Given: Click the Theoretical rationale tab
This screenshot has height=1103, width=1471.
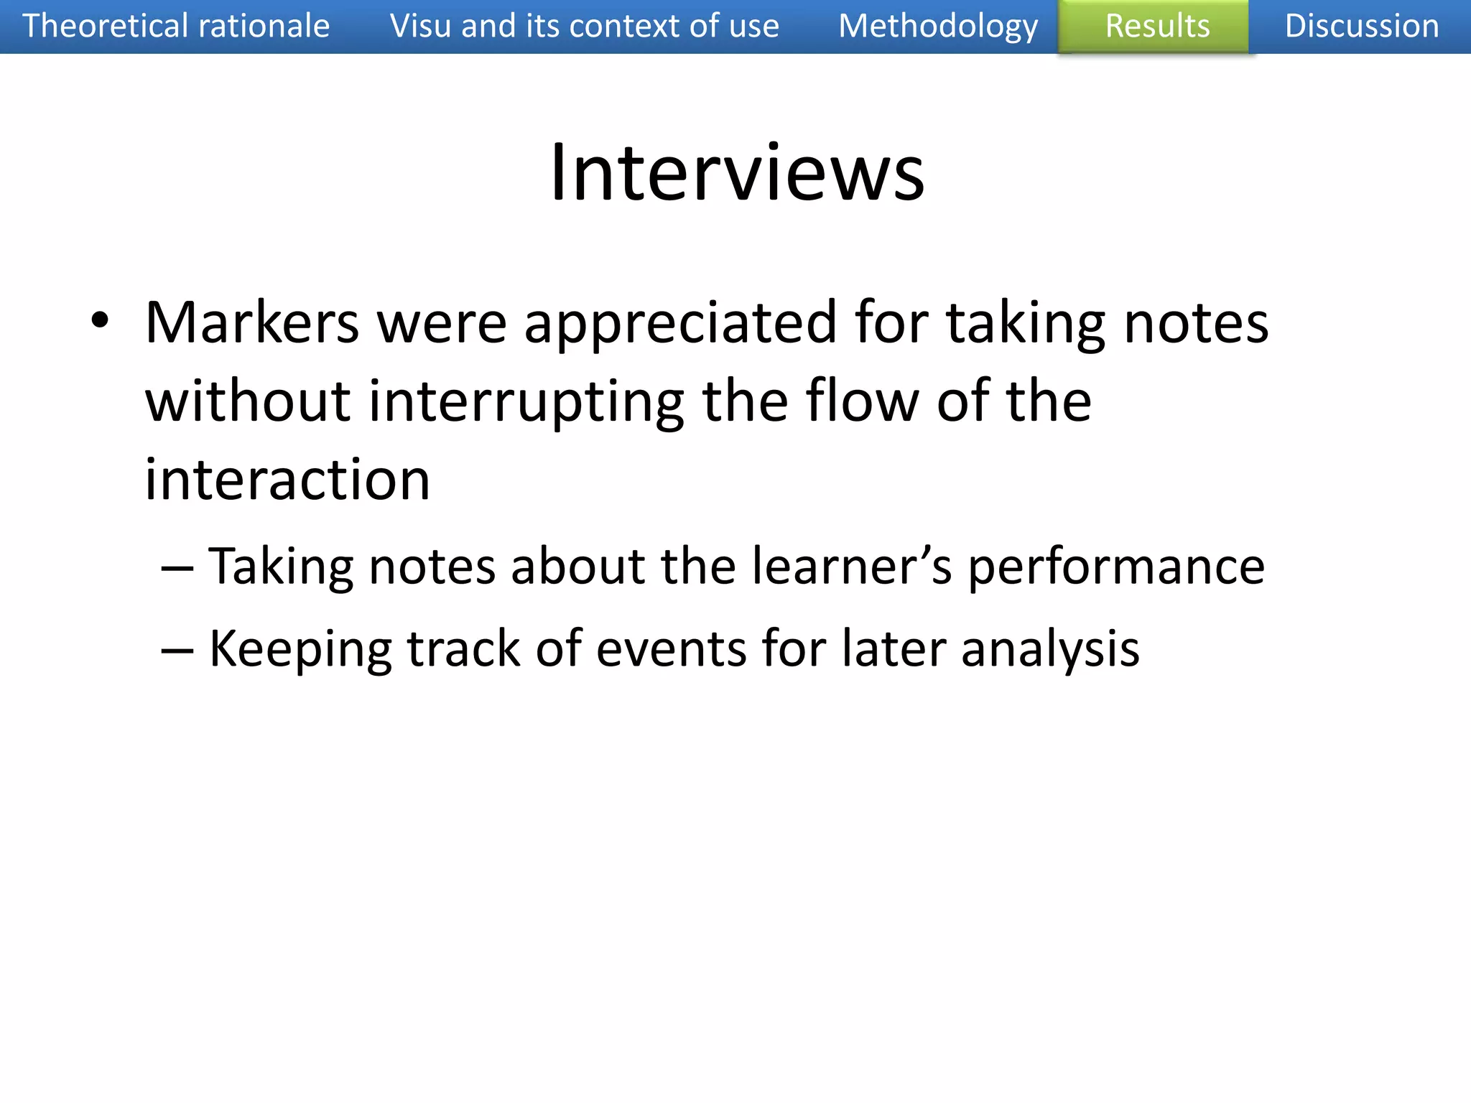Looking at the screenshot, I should pyautogui.click(x=176, y=27).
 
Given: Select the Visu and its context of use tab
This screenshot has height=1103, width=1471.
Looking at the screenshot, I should pyautogui.click(x=584, y=27).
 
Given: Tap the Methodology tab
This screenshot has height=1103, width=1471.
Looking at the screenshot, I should pyautogui.click(x=938, y=27).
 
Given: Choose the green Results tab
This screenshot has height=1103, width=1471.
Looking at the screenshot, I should pyautogui.click(x=1157, y=27).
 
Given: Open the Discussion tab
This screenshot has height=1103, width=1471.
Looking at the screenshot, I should pyautogui.click(x=1361, y=27).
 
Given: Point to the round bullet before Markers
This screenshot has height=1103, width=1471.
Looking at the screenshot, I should pyautogui.click(x=100, y=321).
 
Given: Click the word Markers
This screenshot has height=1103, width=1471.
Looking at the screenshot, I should pyautogui.click(x=252, y=322).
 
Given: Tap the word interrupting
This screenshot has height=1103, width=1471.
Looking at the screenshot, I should pyautogui.click(x=526, y=402).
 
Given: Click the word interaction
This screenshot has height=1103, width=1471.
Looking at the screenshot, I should pyautogui.click(x=287, y=479).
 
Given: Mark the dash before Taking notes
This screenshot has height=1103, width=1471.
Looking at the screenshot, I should pyautogui.click(x=177, y=567).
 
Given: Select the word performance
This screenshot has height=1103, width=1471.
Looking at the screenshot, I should pyautogui.click(x=1116, y=567).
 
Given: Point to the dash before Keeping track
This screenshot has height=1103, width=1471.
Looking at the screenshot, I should pyautogui.click(x=177, y=650).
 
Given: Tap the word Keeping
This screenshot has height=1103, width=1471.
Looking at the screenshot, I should pyautogui.click(x=300, y=650).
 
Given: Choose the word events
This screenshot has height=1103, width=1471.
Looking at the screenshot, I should pyautogui.click(x=671, y=648).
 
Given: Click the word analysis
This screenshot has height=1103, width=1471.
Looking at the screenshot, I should pyautogui.click(x=1050, y=650).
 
